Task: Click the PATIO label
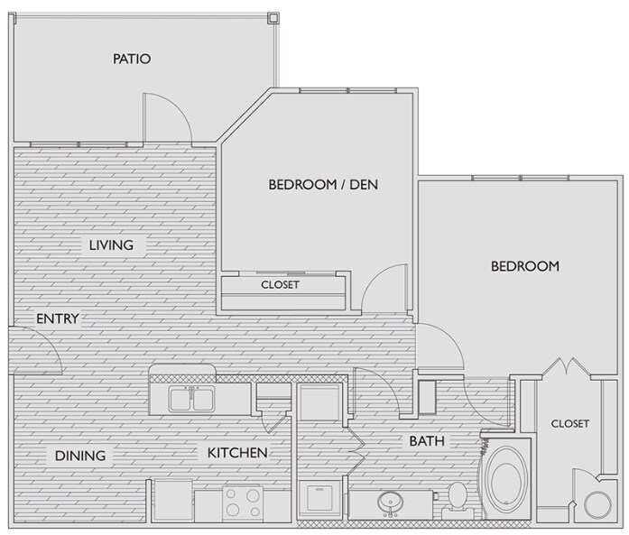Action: click(x=132, y=59)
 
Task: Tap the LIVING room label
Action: click(x=111, y=245)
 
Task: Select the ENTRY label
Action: click(x=58, y=318)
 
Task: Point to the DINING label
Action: click(x=80, y=456)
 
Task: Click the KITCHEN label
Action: click(x=237, y=453)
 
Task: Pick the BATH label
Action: click(x=427, y=441)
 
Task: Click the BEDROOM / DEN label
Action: click(x=323, y=184)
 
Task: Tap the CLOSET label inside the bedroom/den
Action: click(x=280, y=285)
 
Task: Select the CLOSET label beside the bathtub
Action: click(x=570, y=423)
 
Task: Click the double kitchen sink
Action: click(x=191, y=399)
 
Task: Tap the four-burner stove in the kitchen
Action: click(x=243, y=503)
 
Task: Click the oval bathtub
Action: click(x=505, y=478)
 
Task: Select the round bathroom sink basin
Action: click(x=390, y=502)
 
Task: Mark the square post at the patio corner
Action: click(x=273, y=18)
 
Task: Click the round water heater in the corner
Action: click(x=597, y=504)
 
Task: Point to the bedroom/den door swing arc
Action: click(x=375, y=275)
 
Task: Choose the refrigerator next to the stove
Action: click(x=173, y=500)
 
